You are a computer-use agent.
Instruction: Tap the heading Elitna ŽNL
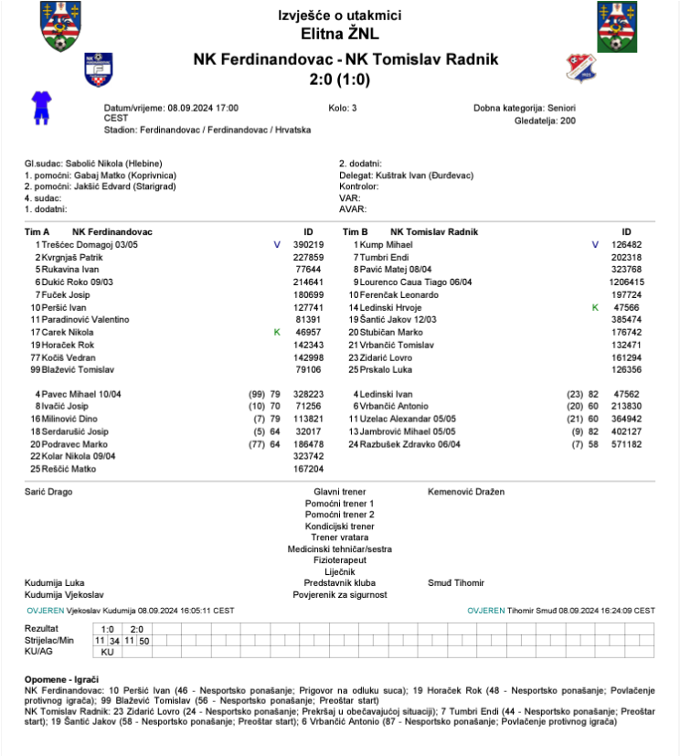pyautogui.click(x=339, y=35)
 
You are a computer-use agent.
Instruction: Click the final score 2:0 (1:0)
pyautogui.click(x=339, y=80)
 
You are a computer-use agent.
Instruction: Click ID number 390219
pyautogui.click(x=308, y=245)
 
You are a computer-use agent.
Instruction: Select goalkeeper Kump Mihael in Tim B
pyautogui.click(x=387, y=245)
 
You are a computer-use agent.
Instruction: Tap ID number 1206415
pyautogui.click(x=626, y=282)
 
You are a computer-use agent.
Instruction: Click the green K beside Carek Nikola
pyautogui.click(x=277, y=333)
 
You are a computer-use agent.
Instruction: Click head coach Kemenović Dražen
pyautogui.click(x=465, y=492)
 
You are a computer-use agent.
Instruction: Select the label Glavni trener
pyautogui.click(x=339, y=492)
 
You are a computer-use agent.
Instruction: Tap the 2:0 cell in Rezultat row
pyautogui.click(x=137, y=629)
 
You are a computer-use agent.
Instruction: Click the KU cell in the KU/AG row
pyautogui.click(x=107, y=652)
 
